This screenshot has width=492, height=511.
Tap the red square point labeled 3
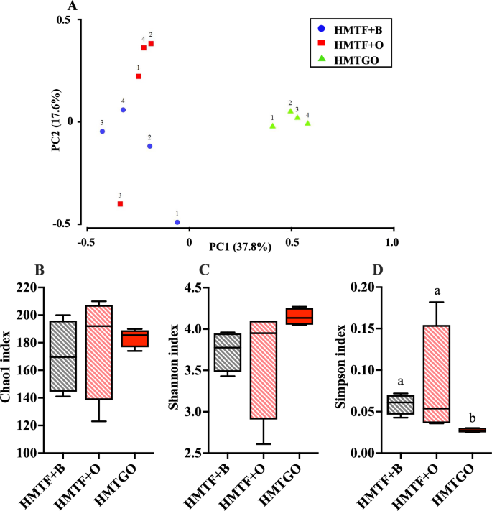120,204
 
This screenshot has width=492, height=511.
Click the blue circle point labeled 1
177,222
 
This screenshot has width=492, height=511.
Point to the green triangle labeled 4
307,124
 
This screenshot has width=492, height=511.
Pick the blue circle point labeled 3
103,132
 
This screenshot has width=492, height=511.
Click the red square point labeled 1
139,76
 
